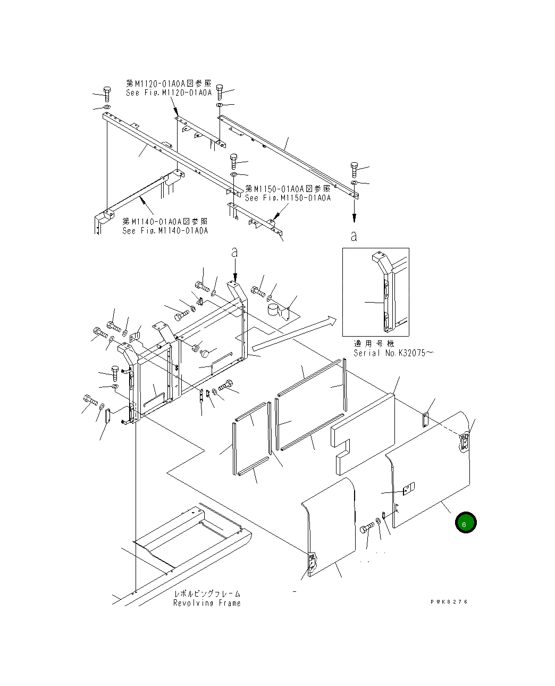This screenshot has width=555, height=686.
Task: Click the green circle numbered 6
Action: [x=466, y=522]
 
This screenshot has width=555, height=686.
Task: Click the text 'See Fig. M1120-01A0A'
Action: [x=169, y=93]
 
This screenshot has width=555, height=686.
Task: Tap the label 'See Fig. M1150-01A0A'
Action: [x=288, y=198]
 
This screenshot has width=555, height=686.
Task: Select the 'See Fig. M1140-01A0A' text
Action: [x=165, y=231]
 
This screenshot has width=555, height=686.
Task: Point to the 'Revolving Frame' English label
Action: [x=207, y=603]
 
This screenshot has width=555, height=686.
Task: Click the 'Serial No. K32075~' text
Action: [x=393, y=353]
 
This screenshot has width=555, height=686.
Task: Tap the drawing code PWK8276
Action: [x=449, y=601]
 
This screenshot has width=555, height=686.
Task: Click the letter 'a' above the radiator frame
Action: [x=234, y=252]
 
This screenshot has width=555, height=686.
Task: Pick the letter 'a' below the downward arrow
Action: [x=354, y=236]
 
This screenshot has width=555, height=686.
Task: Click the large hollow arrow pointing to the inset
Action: [x=294, y=333]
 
